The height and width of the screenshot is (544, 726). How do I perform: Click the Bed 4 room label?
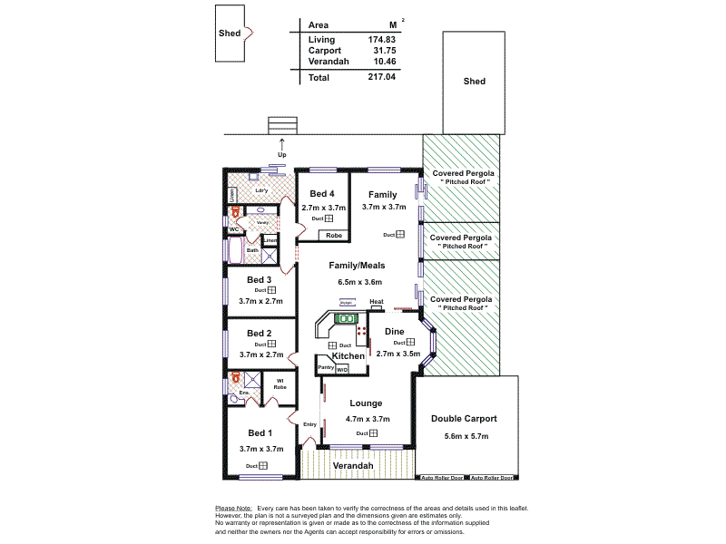322,194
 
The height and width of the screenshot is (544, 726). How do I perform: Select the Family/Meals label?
357,266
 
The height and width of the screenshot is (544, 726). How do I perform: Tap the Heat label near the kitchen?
377,302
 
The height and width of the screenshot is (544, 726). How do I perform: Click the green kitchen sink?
345,318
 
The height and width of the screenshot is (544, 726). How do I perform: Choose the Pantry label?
326,366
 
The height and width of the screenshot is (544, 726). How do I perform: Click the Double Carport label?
465,419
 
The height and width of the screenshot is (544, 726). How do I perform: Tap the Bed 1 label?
260,432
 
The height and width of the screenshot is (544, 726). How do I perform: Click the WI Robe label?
280,384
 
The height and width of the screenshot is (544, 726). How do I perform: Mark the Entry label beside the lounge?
310,424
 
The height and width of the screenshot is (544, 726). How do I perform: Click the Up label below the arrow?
281,154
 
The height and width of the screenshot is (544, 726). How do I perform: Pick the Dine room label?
394,331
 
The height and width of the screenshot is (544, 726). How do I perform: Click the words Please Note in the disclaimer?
233,509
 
